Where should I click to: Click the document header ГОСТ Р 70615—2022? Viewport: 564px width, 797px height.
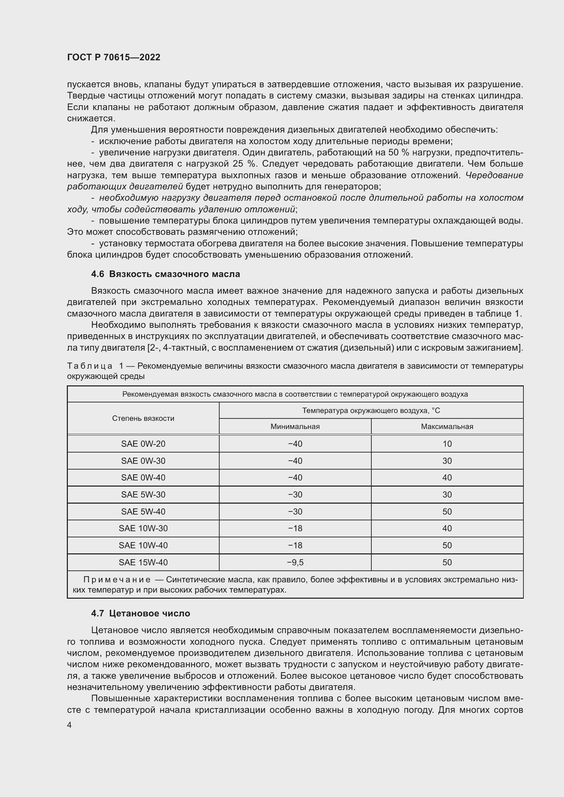point(114,57)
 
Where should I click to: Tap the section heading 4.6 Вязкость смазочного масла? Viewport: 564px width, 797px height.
point(165,274)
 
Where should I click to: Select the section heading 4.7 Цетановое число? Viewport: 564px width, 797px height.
point(140,613)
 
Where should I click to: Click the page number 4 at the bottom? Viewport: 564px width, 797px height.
point(70,725)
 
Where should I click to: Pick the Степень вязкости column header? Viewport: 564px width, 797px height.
point(143,418)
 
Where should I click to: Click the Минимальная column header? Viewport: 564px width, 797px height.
point(295,426)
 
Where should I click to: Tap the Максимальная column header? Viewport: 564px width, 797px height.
point(447,426)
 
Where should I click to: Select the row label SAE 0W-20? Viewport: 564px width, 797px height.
point(143,444)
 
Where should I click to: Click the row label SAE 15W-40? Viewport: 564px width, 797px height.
point(143,562)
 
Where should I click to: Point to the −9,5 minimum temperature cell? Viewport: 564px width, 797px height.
point(295,562)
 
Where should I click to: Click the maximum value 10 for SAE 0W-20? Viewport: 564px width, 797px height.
point(447,444)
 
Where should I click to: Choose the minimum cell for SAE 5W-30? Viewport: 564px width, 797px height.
point(295,494)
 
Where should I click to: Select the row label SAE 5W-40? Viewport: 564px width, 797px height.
point(143,511)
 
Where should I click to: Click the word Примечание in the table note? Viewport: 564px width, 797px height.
point(117,580)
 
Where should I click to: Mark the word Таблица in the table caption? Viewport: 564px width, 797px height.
point(90,366)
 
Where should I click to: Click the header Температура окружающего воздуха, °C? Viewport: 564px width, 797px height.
point(371,410)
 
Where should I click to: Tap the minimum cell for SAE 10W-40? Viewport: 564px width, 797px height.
point(295,545)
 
